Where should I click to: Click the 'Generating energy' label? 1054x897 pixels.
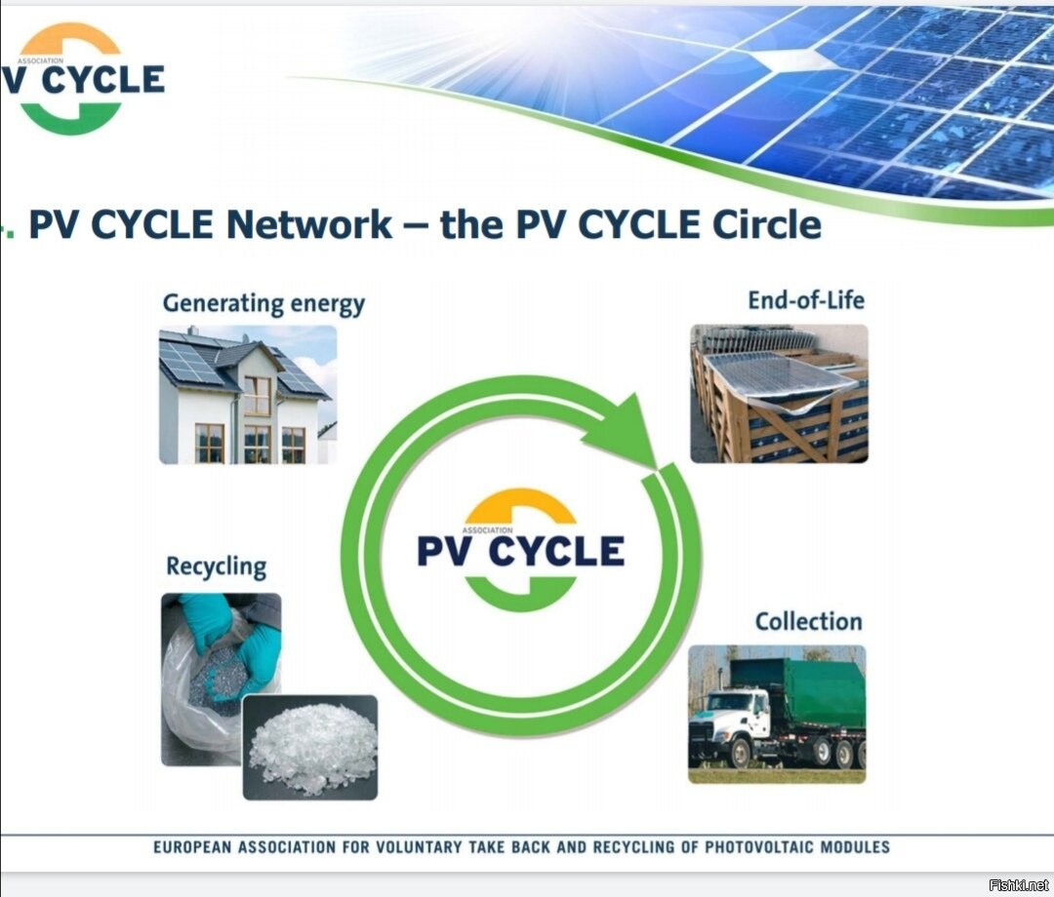263,303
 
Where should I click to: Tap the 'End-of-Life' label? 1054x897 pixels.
806,299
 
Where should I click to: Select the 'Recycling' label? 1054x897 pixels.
216,566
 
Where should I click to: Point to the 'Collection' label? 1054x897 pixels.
808,622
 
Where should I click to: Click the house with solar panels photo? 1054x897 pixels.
248,395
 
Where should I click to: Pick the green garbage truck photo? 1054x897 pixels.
777,715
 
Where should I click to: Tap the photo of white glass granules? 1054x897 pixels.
310,747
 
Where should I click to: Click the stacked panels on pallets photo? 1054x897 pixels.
779,393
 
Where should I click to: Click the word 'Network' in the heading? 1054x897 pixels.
308,225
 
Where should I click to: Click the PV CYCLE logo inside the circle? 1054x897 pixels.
521,550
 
